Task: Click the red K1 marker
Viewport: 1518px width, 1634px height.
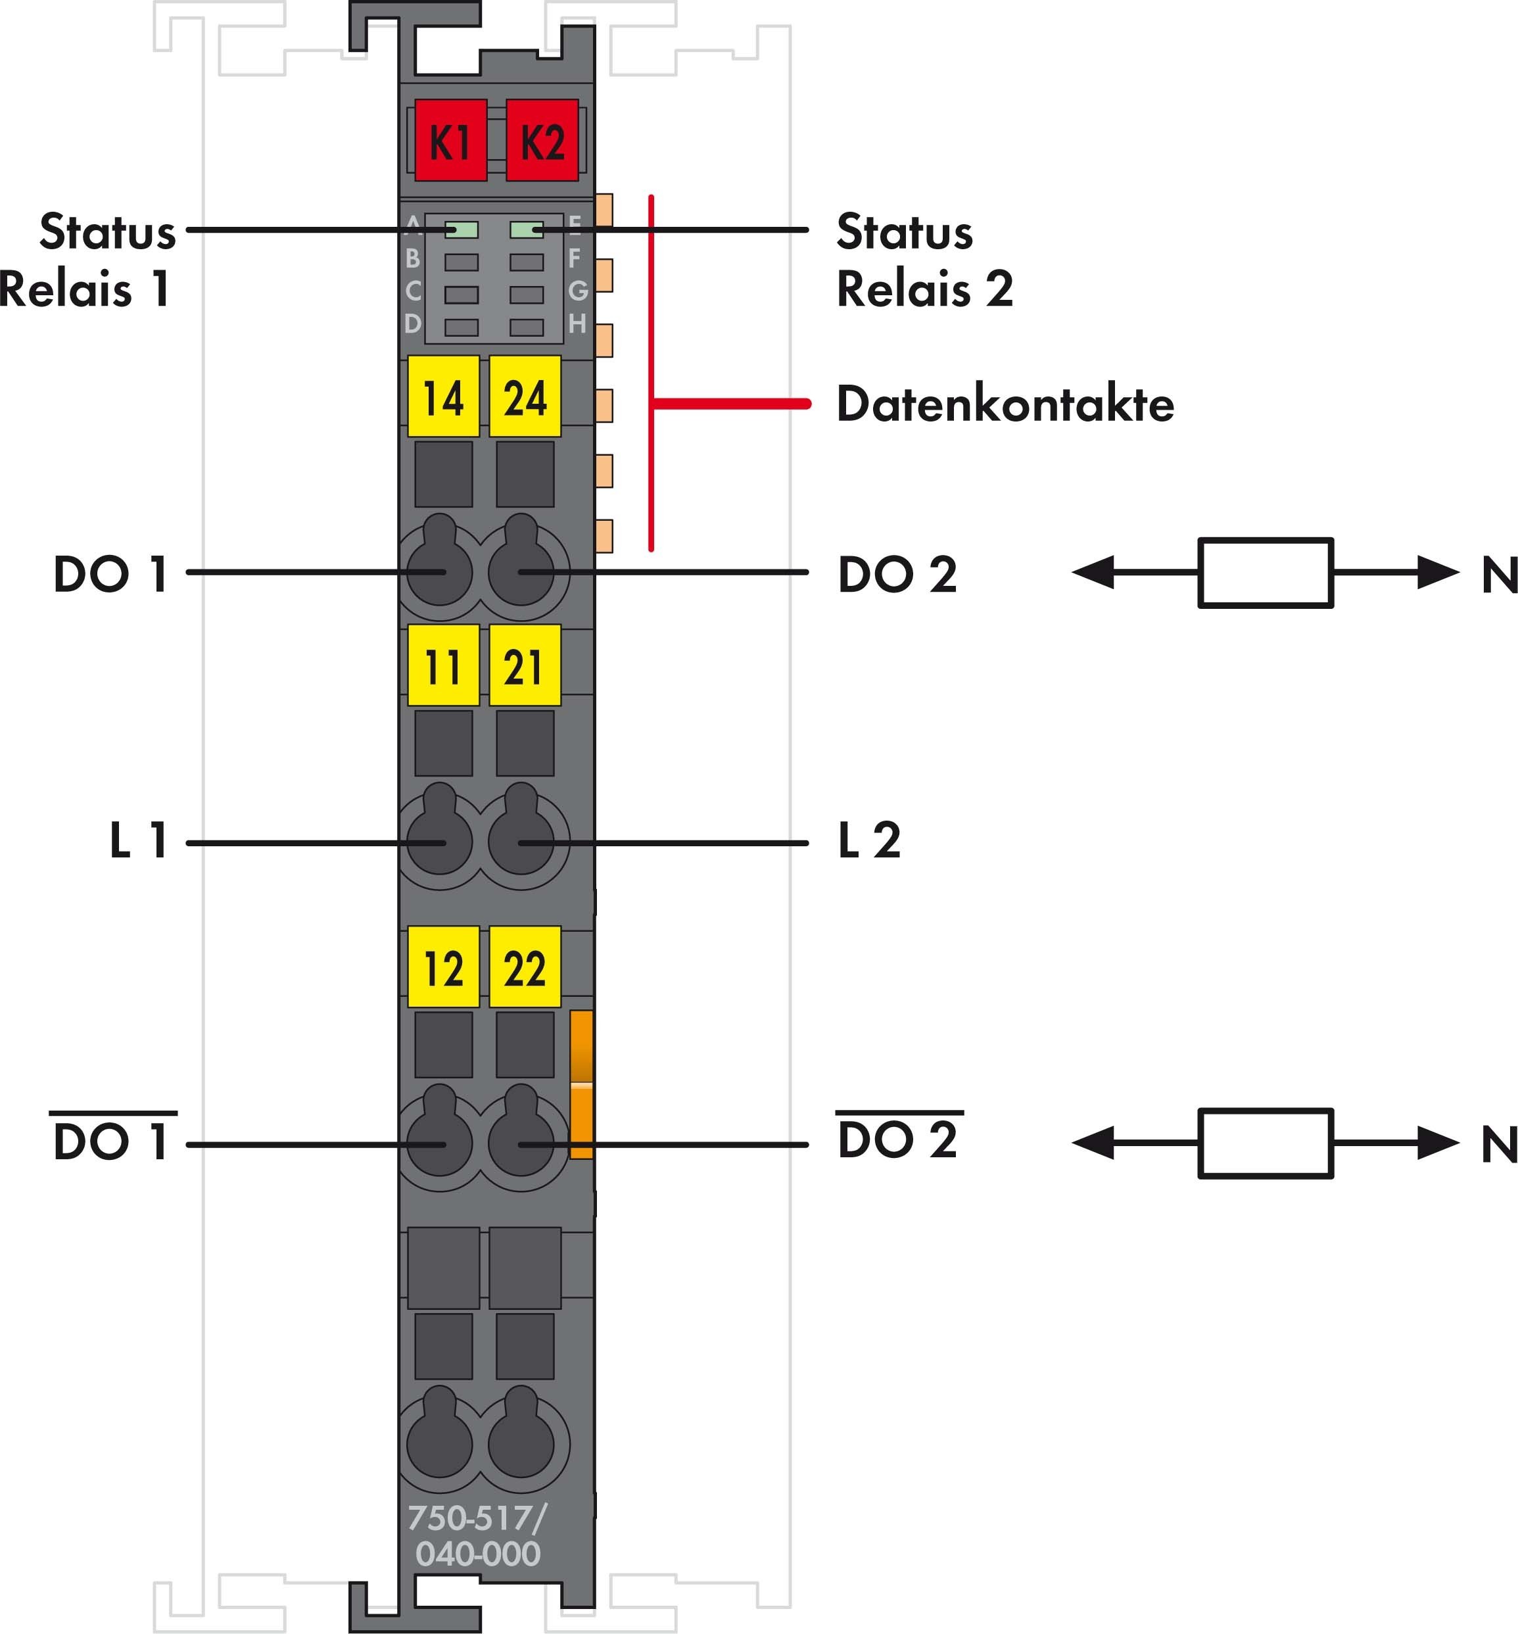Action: pyautogui.click(x=450, y=141)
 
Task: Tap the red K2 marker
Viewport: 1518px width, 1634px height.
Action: pyautogui.click(x=542, y=141)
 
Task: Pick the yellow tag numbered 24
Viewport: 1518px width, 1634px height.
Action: pyautogui.click(x=525, y=396)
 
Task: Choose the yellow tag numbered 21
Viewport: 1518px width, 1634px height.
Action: pyautogui.click(x=525, y=665)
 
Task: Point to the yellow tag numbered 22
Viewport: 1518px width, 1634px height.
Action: pyautogui.click(x=525, y=967)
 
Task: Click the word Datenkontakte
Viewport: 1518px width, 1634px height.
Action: pyautogui.click(x=1005, y=404)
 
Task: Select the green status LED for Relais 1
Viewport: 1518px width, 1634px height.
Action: pyautogui.click(x=461, y=230)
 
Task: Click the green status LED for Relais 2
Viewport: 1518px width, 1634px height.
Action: pyautogui.click(x=526, y=230)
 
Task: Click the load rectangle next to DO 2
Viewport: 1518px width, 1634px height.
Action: pyautogui.click(x=1265, y=573)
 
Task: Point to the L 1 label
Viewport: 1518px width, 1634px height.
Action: pyautogui.click(x=138, y=840)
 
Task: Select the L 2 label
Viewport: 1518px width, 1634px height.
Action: pyautogui.click(x=869, y=840)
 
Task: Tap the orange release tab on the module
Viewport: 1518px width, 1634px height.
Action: pyautogui.click(x=582, y=1084)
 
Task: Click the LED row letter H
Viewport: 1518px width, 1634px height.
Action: pyautogui.click(x=577, y=324)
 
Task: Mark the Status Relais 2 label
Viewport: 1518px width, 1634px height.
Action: pyautogui.click(x=924, y=260)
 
